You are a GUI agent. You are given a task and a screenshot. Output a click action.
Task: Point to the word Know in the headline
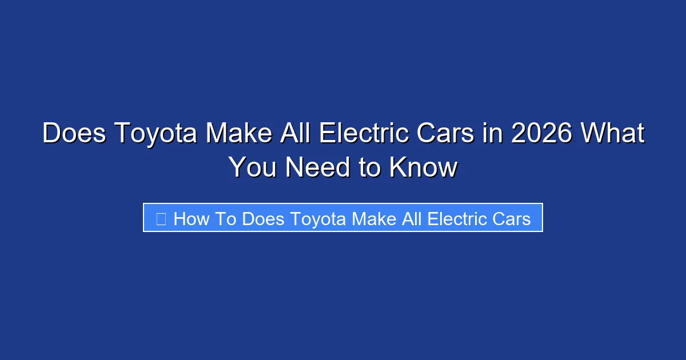click(423, 168)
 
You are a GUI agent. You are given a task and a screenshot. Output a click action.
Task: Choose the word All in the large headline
click(295, 134)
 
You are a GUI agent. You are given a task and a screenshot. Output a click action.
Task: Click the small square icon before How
click(161, 219)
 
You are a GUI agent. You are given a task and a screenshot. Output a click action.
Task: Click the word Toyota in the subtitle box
click(318, 219)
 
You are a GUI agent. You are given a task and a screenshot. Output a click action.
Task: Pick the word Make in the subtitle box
click(374, 219)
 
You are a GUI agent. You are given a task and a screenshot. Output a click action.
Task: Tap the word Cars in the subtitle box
click(512, 219)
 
